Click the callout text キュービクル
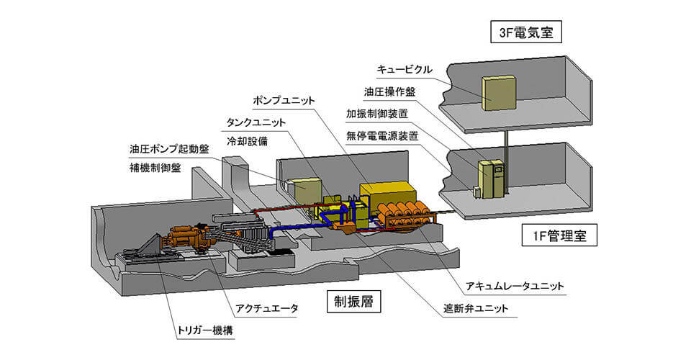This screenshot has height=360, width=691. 405,70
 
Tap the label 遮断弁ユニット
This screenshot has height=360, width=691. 477,310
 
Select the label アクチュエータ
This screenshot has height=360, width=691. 267,308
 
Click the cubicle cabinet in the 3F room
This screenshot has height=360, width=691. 498,93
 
